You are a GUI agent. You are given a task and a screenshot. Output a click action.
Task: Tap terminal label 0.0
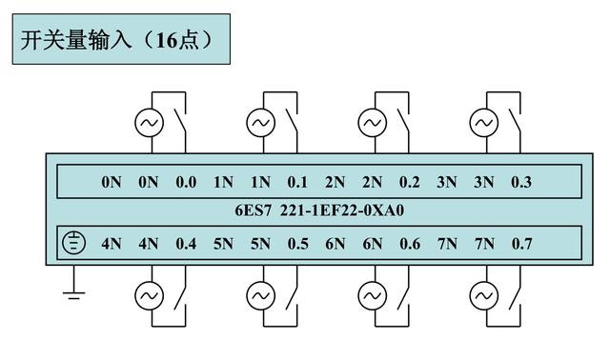click(186, 182)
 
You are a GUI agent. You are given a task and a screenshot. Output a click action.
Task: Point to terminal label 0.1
click(297, 182)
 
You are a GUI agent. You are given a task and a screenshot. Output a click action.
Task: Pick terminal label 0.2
click(410, 182)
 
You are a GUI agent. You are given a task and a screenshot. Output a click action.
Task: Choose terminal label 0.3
click(521, 182)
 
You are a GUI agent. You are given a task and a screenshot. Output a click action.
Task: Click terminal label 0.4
click(186, 244)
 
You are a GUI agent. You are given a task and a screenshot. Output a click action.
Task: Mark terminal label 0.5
click(297, 244)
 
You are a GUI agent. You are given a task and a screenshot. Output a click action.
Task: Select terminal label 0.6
click(410, 244)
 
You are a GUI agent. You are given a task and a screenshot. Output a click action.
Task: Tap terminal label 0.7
click(521, 244)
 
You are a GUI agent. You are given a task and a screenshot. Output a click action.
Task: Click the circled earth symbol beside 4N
click(73, 243)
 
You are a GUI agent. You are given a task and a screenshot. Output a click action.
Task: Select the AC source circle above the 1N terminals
click(259, 123)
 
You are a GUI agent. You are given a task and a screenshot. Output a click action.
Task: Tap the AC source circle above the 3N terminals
click(484, 123)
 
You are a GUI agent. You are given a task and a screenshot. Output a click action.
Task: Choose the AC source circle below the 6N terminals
click(372, 297)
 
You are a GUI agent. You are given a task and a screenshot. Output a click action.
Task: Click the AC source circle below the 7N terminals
click(484, 297)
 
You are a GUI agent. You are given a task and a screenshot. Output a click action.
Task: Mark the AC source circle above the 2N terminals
click(372, 123)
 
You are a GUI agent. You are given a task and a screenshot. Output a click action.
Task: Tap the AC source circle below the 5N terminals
click(259, 297)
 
